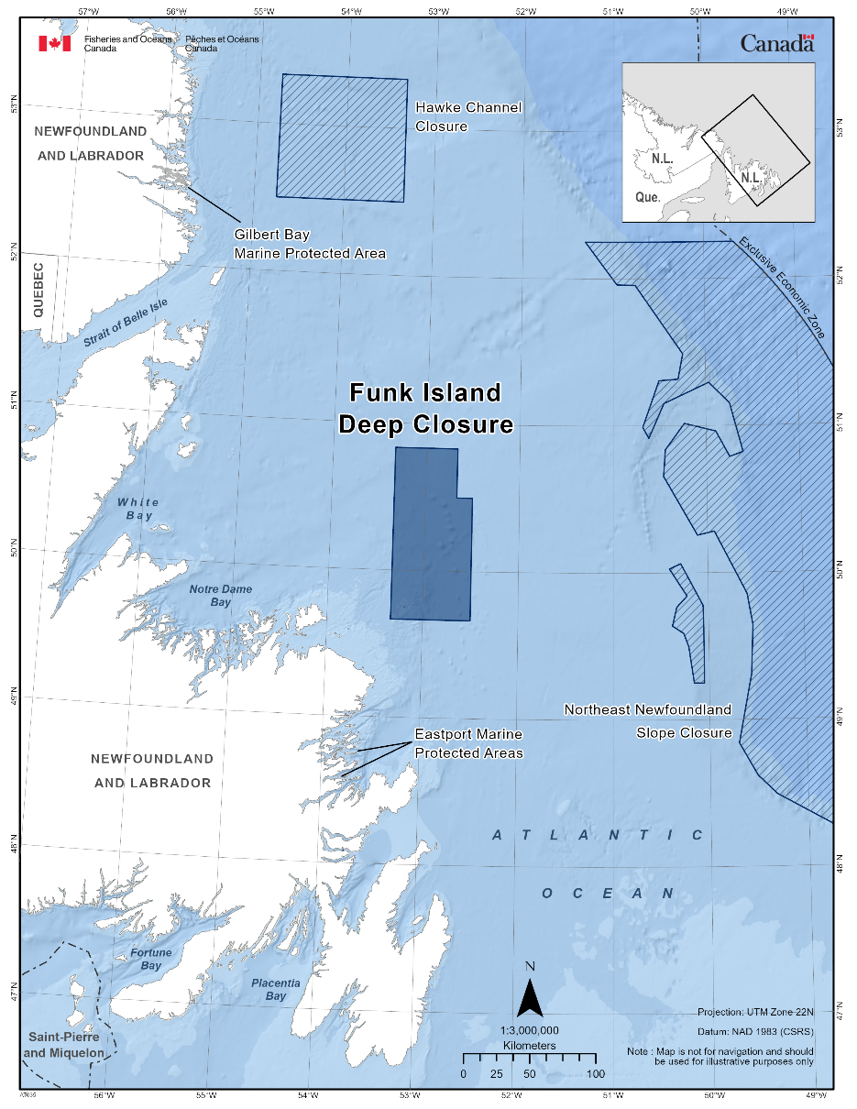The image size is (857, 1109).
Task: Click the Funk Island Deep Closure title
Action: (x=425, y=409)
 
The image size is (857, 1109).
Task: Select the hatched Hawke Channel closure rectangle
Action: (x=342, y=137)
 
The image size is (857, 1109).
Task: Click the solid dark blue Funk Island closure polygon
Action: (x=429, y=541)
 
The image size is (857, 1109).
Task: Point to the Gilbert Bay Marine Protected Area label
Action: (x=310, y=244)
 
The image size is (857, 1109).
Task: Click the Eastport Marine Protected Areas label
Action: (x=468, y=743)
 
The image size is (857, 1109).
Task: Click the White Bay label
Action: (x=138, y=509)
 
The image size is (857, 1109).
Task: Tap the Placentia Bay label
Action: (x=276, y=989)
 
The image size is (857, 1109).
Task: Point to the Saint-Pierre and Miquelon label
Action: (x=63, y=1045)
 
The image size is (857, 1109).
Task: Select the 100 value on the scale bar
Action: (x=595, y=1074)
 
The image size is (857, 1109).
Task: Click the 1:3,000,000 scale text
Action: (x=529, y=1030)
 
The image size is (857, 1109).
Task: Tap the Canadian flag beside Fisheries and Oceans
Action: (x=54, y=43)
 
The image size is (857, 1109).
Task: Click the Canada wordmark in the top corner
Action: (x=776, y=43)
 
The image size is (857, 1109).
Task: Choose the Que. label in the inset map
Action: (x=647, y=196)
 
